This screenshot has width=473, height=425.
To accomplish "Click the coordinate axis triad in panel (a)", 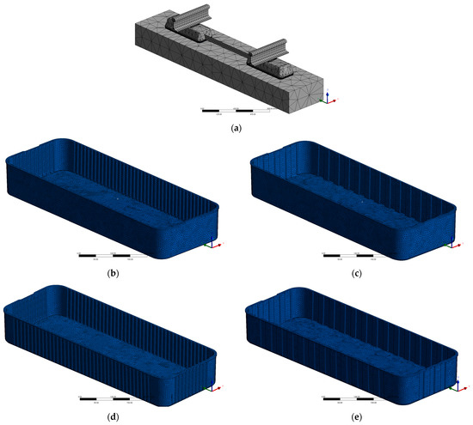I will tap(327, 98).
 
